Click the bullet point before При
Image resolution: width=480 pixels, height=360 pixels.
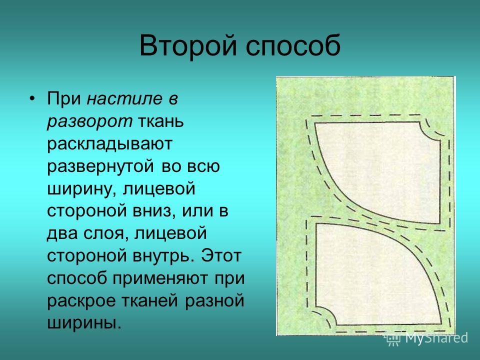point(32,98)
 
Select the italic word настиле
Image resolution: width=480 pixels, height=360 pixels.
point(124,98)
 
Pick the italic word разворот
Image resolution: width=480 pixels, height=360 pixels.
point(90,121)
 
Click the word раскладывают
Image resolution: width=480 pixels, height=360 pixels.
point(110,144)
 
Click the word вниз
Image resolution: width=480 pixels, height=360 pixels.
point(154,211)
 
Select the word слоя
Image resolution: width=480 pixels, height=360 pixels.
point(103,234)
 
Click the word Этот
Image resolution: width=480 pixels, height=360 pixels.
point(221,256)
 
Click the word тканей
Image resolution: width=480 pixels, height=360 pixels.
point(150,301)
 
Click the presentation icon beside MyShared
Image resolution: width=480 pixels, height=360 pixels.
point(393,339)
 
